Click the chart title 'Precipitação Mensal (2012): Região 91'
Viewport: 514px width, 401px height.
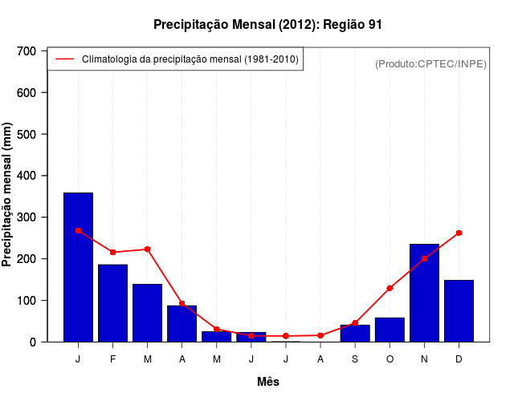coord(267,25)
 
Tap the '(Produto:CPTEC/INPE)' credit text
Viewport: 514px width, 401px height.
coord(430,63)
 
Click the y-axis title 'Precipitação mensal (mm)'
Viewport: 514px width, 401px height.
coord(8,196)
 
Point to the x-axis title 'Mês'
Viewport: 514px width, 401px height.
coord(267,382)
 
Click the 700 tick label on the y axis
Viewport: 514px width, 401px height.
coord(27,51)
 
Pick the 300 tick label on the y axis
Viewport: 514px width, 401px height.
coord(27,217)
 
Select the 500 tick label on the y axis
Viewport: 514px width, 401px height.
coord(27,134)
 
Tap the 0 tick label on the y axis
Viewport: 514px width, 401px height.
coord(32,342)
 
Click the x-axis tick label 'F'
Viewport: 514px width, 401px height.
coord(113,359)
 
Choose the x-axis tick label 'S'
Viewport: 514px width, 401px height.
coord(355,359)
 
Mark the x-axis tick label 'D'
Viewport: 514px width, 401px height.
coord(459,359)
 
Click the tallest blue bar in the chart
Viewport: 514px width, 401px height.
coord(78,267)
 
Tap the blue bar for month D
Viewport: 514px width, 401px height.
coord(459,310)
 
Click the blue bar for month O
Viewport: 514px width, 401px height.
coord(390,330)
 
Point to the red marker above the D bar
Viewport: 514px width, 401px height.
coord(459,233)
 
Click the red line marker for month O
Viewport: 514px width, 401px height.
coord(390,288)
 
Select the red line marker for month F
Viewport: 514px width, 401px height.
coord(112,252)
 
